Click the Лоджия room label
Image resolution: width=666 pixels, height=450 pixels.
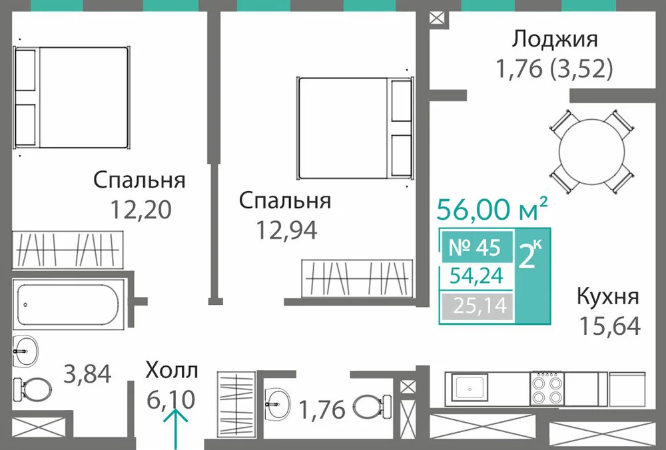(x=554, y=40)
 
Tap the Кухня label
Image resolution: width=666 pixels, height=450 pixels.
(x=607, y=296)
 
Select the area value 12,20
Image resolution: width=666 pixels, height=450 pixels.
(x=141, y=209)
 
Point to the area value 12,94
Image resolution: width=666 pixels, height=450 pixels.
(x=286, y=230)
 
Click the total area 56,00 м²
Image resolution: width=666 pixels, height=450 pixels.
(x=492, y=209)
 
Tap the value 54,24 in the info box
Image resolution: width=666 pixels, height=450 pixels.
(x=477, y=276)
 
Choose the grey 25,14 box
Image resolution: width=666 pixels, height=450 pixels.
(x=477, y=306)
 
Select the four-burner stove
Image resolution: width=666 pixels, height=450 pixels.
(x=547, y=389)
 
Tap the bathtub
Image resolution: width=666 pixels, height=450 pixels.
(x=69, y=304)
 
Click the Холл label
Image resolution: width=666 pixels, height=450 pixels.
(x=172, y=370)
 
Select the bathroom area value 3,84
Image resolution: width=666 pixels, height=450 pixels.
(x=87, y=374)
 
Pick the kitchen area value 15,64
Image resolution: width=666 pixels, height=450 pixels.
(x=610, y=326)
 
